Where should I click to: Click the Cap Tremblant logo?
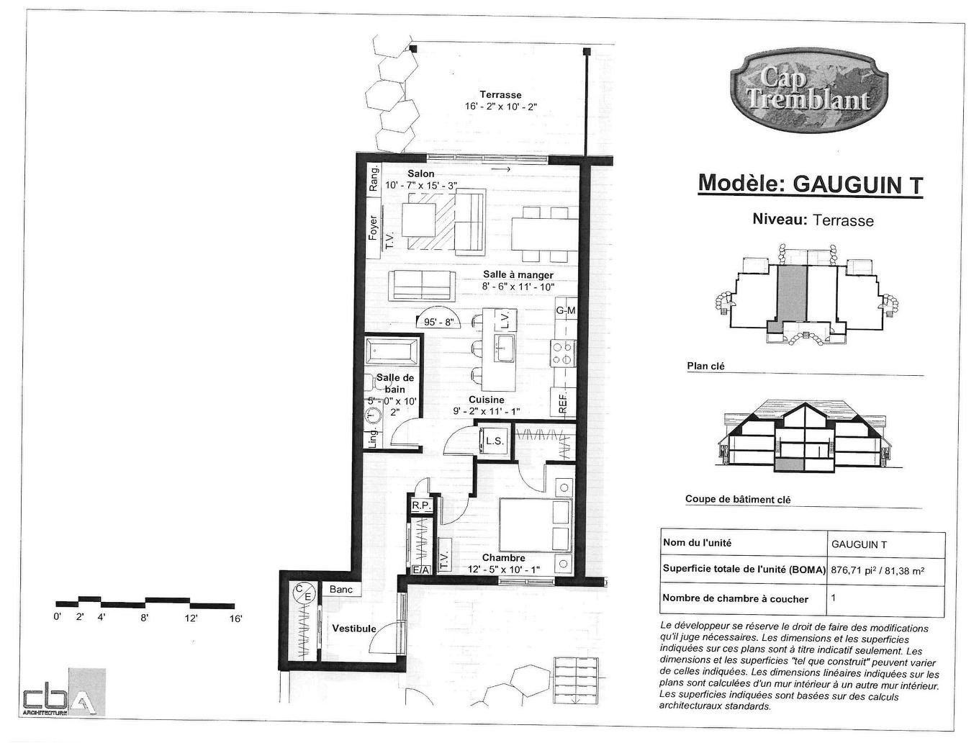pos(808,90)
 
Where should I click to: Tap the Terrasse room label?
pos(500,95)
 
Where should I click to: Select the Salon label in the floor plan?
pos(420,174)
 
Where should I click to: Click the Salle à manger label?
pos(518,274)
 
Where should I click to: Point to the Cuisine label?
pos(486,400)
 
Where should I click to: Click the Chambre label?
pos(503,557)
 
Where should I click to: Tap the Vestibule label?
pos(353,629)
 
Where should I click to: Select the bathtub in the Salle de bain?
pos(392,353)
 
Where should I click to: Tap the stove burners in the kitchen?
pos(561,353)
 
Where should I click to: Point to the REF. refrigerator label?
pos(563,402)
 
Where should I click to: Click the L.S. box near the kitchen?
pos(494,441)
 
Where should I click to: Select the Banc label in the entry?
pos(340,590)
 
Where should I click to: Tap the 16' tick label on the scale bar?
pos(235,618)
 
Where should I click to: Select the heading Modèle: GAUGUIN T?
pos(810,184)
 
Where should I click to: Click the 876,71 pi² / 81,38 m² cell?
pos(878,570)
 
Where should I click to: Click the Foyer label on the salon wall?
pos(373,228)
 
